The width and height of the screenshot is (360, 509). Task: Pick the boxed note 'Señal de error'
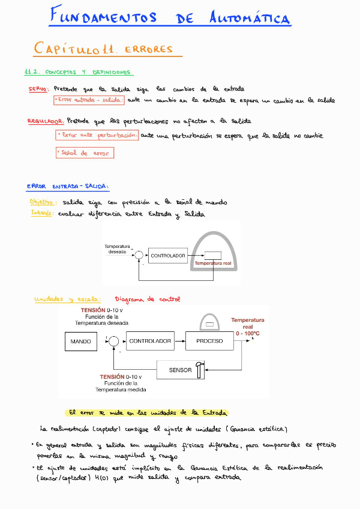point(85,153)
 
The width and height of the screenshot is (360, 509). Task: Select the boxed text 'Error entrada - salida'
point(89,100)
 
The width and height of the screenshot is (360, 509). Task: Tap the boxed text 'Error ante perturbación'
point(97,136)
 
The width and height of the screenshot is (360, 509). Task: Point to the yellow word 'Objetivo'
point(43,202)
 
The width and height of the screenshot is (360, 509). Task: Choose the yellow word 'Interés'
point(41,213)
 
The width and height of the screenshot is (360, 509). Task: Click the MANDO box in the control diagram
point(81,341)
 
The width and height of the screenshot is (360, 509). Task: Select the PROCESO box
point(209,341)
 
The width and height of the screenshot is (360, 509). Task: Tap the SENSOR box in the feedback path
point(181,370)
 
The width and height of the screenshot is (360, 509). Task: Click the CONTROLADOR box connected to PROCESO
point(150,341)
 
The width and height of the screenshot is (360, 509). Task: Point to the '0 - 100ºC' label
point(248,333)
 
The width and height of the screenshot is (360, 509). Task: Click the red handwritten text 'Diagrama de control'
point(147,299)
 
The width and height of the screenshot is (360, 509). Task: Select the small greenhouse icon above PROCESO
point(209,323)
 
